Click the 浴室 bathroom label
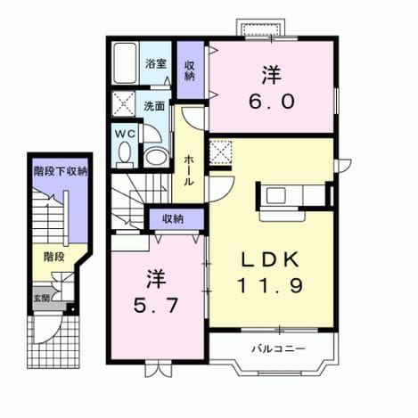pos(156,64)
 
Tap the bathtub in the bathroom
pos(126,63)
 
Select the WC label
pos(125,135)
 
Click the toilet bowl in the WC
pos(125,152)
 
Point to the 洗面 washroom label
pos(154,106)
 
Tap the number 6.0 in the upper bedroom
pos(272,101)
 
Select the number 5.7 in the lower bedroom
pos(156,305)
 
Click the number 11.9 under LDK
pos(270,285)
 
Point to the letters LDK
pos(270,259)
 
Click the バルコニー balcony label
pos(278,348)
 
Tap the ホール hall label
pos(189,170)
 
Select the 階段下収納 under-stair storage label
pos(61,171)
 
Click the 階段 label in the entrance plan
pos(54,257)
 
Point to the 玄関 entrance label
pos(42,298)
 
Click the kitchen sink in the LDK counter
pos(276,196)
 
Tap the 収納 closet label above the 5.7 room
pos(173,219)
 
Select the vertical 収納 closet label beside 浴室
pos(189,70)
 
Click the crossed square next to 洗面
pos(123,103)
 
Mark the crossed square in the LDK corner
pos(220,152)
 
